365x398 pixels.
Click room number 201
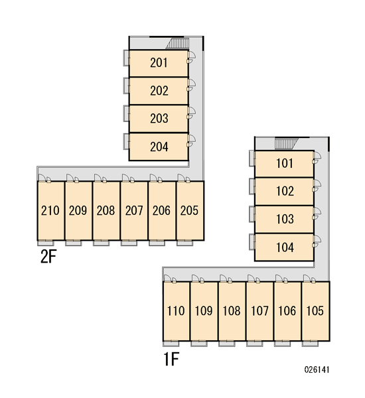click(159, 63)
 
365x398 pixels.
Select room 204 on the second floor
click(159, 147)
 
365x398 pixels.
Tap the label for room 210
click(50, 210)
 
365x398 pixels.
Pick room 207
click(134, 210)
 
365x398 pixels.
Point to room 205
click(190, 210)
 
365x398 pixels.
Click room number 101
click(285, 163)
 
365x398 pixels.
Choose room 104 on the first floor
click(285, 247)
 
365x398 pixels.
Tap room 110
click(176, 311)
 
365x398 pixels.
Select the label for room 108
click(232, 311)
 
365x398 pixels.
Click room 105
click(315, 311)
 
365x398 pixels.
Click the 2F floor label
click(48, 256)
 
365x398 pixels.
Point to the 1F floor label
click(171, 359)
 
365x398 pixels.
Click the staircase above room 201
click(178, 43)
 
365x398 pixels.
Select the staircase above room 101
click(287, 144)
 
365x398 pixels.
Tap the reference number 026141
click(317, 369)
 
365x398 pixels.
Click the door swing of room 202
click(192, 85)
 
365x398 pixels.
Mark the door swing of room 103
click(317, 214)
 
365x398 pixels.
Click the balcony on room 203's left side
click(127, 113)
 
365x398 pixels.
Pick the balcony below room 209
click(74, 243)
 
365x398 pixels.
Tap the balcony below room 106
click(283, 344)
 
